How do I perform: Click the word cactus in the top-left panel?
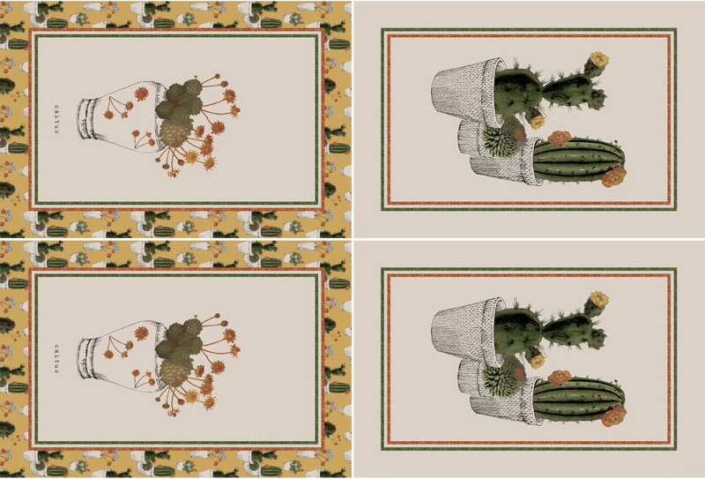click(x=57, y=119)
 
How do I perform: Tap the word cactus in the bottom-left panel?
click(x=57, y=359)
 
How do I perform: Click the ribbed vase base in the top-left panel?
click(x=86, y=119)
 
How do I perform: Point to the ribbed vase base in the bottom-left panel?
click(x=86, y=358)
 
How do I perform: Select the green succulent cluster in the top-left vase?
click(x=179, y=115)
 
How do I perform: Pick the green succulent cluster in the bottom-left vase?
click(x=179, y=355)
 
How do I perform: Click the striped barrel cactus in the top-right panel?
click(x=579, y=161)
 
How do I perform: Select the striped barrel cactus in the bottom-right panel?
click(x=579, y=400)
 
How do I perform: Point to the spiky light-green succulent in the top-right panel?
click(x=501, y=138)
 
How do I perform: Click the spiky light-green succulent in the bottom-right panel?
click(x=501, y=377)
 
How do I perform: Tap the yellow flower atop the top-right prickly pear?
click(x=599, y=59)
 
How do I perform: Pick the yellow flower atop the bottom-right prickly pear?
click(x=599, y=299)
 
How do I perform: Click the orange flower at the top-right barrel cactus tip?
click(x=613, y=177)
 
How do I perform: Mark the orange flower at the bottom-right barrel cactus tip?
click(x=613, y=417)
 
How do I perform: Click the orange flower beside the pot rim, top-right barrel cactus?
click(x=560, y=138)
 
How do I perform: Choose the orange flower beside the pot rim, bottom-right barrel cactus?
click(x=560, y=378)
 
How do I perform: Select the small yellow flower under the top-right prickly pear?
click(x=537, y=122)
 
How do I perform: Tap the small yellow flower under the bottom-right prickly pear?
click(x=537, y=361)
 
